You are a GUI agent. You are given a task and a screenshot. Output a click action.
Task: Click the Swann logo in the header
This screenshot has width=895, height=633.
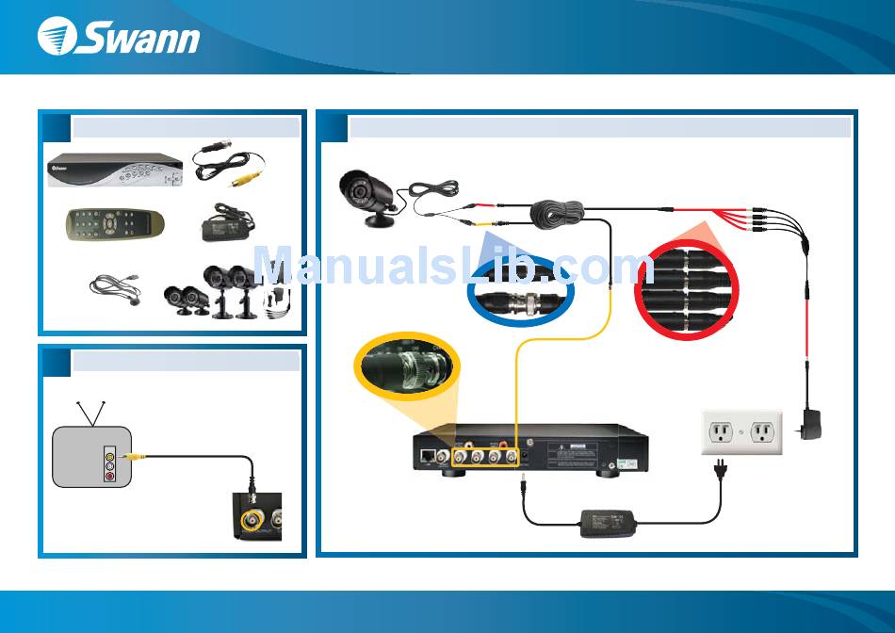coord(119,38)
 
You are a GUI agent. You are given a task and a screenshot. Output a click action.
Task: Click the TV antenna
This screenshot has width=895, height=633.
coord(91,413)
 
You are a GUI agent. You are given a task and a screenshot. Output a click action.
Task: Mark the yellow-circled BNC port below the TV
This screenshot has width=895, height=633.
coord(252,519)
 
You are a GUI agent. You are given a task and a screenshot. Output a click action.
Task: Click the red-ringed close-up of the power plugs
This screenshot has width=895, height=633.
coord(685,286)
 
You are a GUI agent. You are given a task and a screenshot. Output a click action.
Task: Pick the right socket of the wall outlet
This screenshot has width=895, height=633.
coord(762,431)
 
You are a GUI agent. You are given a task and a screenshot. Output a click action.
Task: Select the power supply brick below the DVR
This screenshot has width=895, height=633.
coord(609,522)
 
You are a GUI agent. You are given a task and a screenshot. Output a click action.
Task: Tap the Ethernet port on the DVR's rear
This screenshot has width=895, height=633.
coord(430,457)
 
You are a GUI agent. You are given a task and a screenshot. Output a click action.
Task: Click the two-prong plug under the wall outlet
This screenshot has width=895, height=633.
coord(722,468)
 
